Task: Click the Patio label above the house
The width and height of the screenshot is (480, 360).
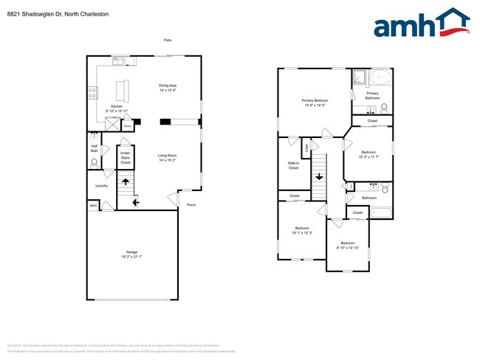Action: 168,40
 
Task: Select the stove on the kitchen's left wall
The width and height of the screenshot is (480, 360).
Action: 93,93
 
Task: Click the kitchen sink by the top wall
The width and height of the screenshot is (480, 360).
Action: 119,60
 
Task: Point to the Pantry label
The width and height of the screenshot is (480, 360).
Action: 127,127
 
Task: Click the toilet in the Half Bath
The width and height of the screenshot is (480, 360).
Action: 94,162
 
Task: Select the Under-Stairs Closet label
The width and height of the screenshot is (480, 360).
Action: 125,158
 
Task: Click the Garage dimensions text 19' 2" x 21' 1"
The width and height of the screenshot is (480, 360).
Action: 131,257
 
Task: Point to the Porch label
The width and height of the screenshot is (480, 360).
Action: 191,204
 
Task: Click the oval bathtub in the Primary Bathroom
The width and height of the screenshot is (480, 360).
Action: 380,77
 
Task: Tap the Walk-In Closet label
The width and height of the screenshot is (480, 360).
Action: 293,165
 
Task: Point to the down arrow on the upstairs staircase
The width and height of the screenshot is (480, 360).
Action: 319,176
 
